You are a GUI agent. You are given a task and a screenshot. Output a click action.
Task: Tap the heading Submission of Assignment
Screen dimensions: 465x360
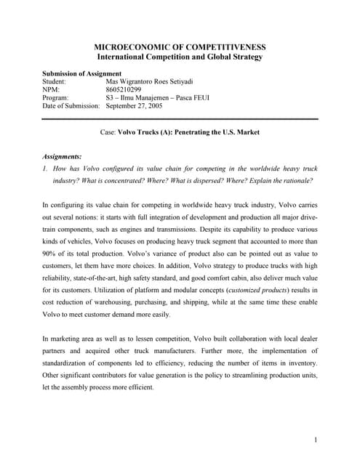(81, 74)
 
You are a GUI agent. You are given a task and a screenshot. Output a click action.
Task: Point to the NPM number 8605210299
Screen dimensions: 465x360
(126, 90)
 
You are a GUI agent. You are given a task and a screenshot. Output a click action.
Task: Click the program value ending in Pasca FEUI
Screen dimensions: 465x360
(158, 98)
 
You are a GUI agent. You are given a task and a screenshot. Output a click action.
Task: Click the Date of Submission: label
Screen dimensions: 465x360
(71, 106)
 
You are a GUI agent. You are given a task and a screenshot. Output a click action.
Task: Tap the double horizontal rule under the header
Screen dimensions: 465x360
(180, 118)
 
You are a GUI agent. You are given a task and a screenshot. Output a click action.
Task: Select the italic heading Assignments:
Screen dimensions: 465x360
(62, 156)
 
